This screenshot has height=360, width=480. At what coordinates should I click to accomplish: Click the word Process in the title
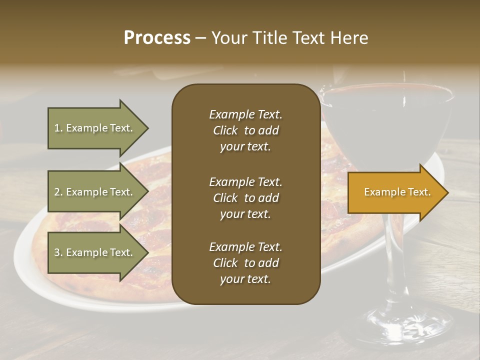click(157, 38)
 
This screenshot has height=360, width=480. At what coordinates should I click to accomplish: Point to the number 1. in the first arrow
click(58, 128)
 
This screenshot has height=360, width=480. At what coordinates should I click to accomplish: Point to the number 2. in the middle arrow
click(58, 192)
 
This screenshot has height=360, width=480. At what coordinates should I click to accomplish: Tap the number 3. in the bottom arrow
click(58, 252)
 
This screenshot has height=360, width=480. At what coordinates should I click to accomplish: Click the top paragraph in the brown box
click(245, 130)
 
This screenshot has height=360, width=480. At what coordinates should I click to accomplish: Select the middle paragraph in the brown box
click(245, 198)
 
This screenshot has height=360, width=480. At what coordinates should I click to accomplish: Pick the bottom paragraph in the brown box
click(245, 263)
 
